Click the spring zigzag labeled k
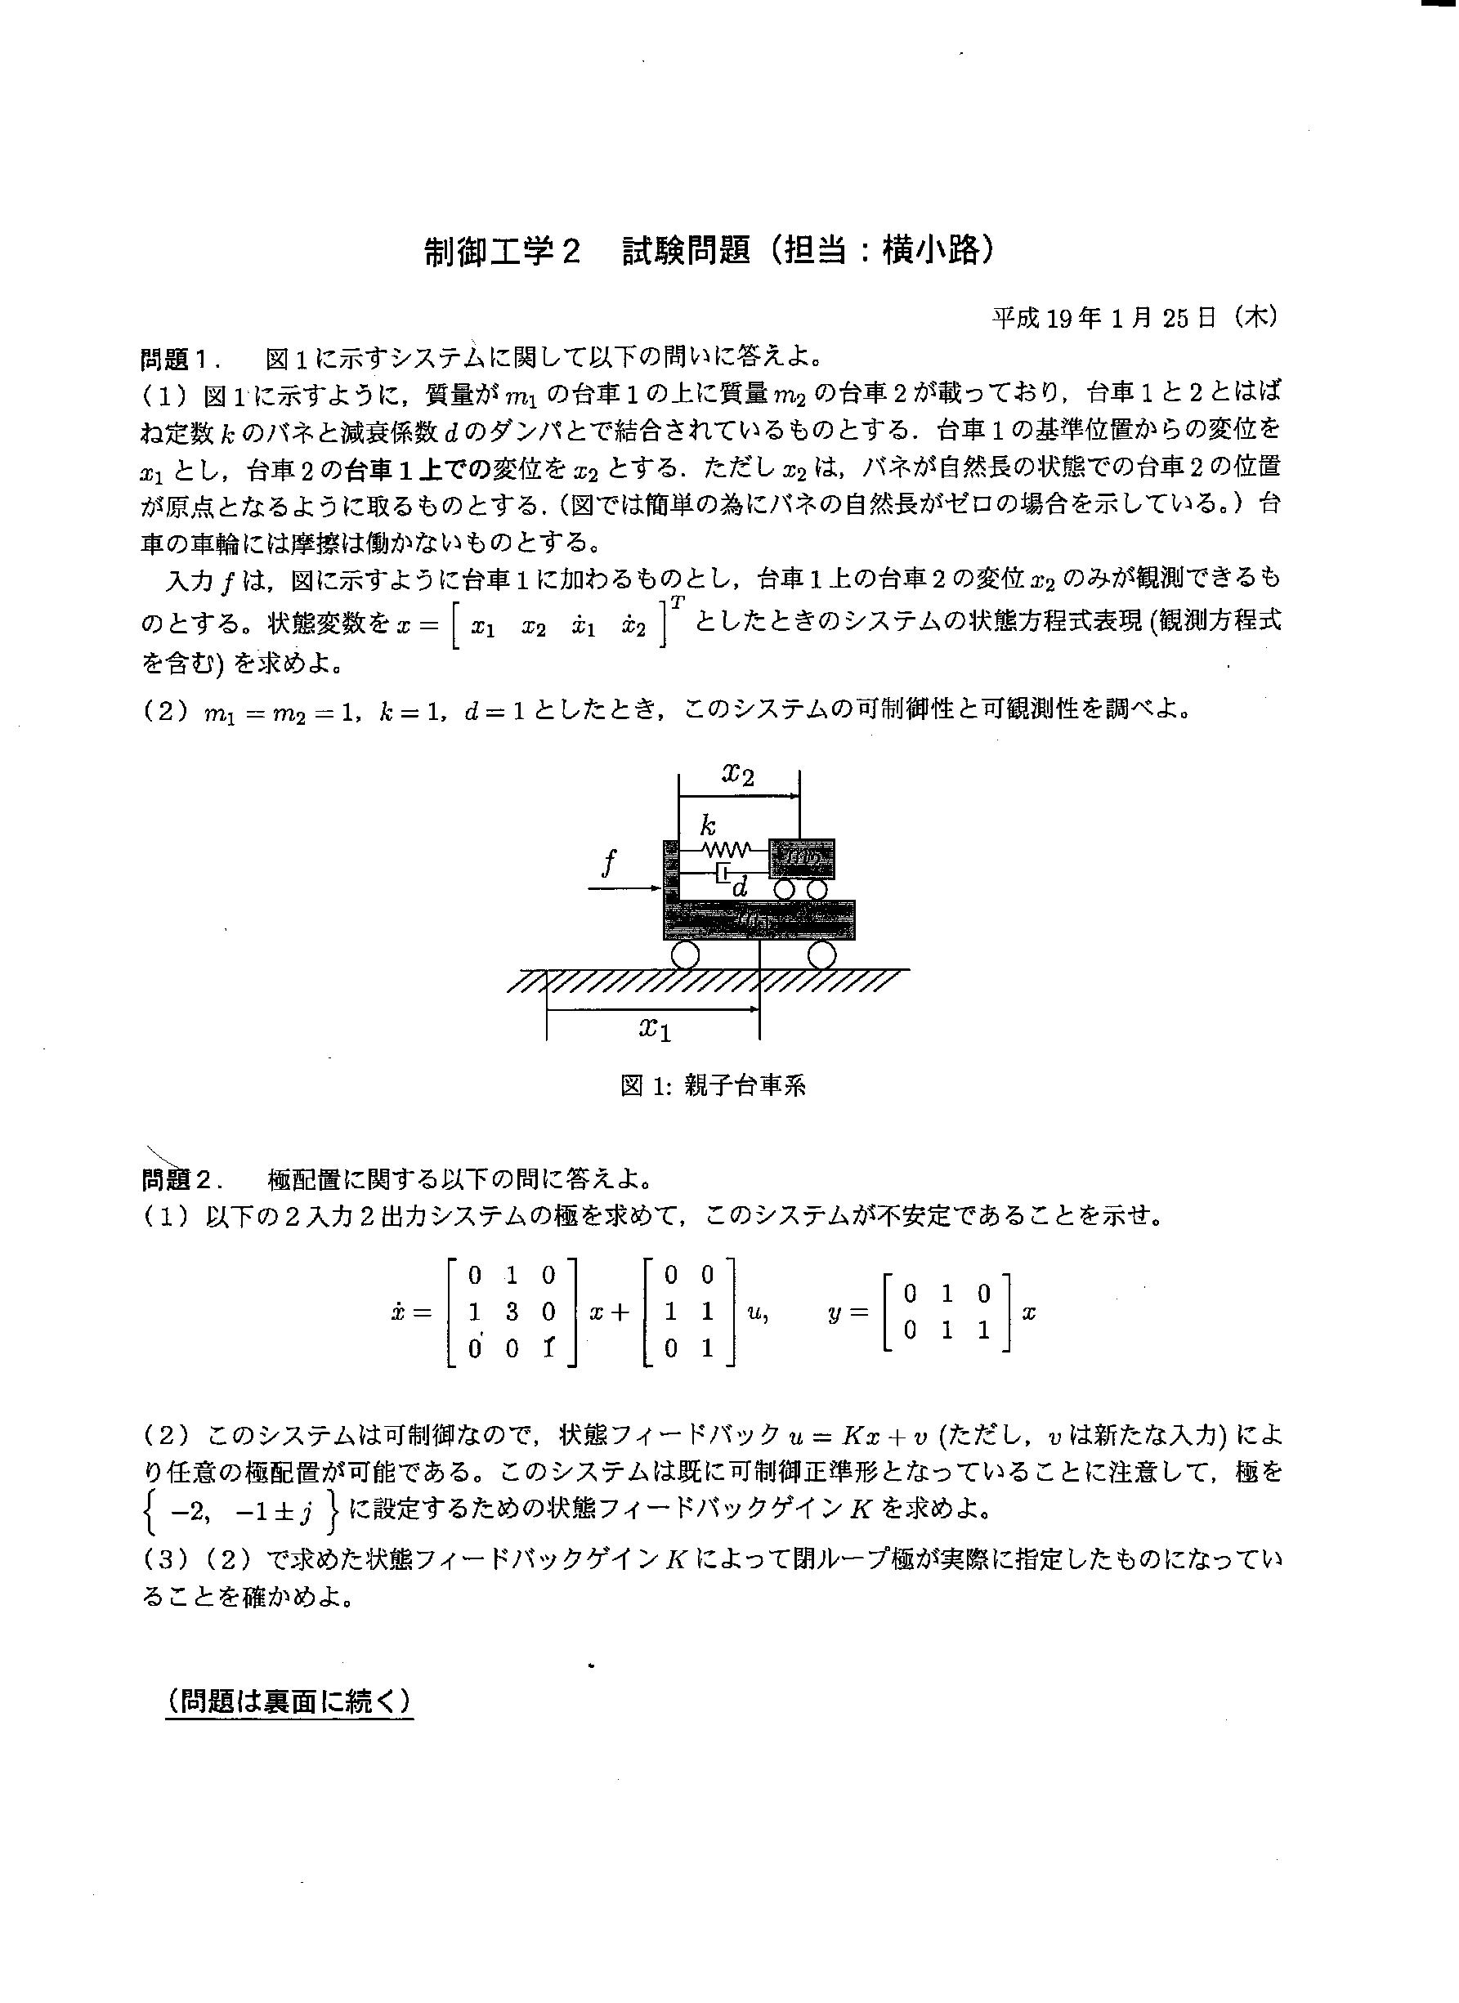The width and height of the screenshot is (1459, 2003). click(x=726, y=851)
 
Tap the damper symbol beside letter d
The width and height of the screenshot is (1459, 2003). click(x=723, y=874)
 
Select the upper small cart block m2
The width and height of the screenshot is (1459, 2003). click(x=801, y=856)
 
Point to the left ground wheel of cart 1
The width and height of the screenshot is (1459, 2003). click(x=684, y=955)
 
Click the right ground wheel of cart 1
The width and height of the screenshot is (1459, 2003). click(x=821, y=955)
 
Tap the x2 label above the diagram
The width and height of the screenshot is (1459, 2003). click(x=738, y=774)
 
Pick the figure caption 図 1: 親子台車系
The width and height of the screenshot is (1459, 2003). click(x=713, y=1085)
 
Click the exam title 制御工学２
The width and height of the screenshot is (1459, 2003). click(x=502, y=252)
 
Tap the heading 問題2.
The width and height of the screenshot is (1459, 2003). click(x=176, y=1180)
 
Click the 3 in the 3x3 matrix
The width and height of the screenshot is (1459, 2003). click(x=512, y=1312)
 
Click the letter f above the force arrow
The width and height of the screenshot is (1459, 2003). click(x=607, y=861)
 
